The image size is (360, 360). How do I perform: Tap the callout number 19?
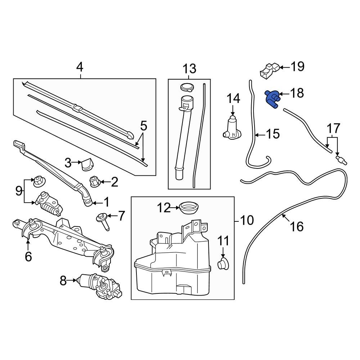point(297,67)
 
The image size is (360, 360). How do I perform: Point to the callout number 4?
point(80,67)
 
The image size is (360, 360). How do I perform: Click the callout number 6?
point(28,256)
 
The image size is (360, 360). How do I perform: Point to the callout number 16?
point(297,226)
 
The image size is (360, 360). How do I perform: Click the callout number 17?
point(333,128)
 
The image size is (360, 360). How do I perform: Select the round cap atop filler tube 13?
point(186,87)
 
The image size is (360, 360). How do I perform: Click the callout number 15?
point(273,134)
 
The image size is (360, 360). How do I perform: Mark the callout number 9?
point(19,190)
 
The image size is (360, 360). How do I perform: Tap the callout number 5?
point(143,126)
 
